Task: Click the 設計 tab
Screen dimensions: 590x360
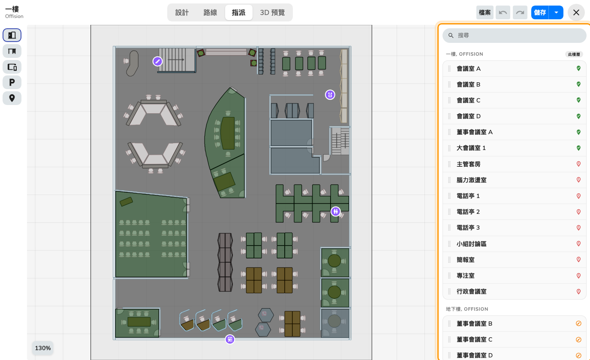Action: (x=182, y=12)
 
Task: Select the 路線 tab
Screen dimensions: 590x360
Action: (x=210, y=12)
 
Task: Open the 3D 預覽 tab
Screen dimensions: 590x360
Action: (x=272, y=12)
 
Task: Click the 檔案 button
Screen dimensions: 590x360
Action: (x=485, y=12)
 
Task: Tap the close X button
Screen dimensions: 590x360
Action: (x=576, y=12)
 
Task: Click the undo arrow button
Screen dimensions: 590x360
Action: (x=503, y=12)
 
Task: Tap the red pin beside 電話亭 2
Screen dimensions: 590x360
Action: (x=578, y=212)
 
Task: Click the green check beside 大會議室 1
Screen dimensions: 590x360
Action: (x=578, y=148)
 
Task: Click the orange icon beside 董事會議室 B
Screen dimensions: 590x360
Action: (x=578, y=324)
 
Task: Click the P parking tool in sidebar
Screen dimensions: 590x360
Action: (x=12, y=82)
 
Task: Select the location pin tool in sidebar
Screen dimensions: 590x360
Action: (x=12, y=98)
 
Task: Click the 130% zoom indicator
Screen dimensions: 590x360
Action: (x=43, y=348)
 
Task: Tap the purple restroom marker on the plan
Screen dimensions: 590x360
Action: (x=335, y=211)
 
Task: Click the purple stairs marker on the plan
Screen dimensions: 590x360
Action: (x=157, y=61)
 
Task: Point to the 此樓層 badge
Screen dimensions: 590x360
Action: (x=574, y=54)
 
